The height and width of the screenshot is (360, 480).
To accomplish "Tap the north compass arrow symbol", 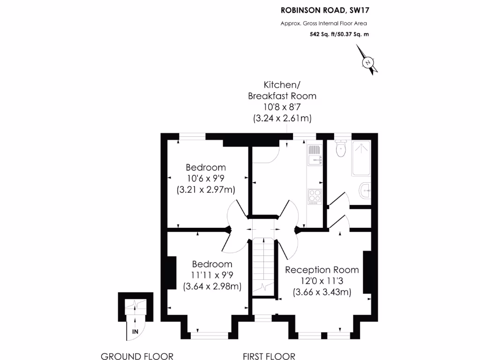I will [x=368, y=60].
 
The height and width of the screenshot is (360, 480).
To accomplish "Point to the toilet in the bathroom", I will [x=341, y=149].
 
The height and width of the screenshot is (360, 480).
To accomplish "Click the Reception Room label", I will [x=322, y=270].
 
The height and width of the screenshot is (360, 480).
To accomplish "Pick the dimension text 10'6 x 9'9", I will [x=206, y=179].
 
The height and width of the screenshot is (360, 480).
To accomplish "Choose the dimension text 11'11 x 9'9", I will [x=212, y=275].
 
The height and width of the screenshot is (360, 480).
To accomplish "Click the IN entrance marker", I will [x=135, y=332].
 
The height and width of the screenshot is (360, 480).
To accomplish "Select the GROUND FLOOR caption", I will [x=137, y=356].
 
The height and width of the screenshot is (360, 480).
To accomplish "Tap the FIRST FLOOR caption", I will [x=269, y=356].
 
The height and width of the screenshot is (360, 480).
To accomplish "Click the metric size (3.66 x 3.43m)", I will [x=322, y=292].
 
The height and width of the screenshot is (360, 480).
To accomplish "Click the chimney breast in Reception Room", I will [x=367, y=272].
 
